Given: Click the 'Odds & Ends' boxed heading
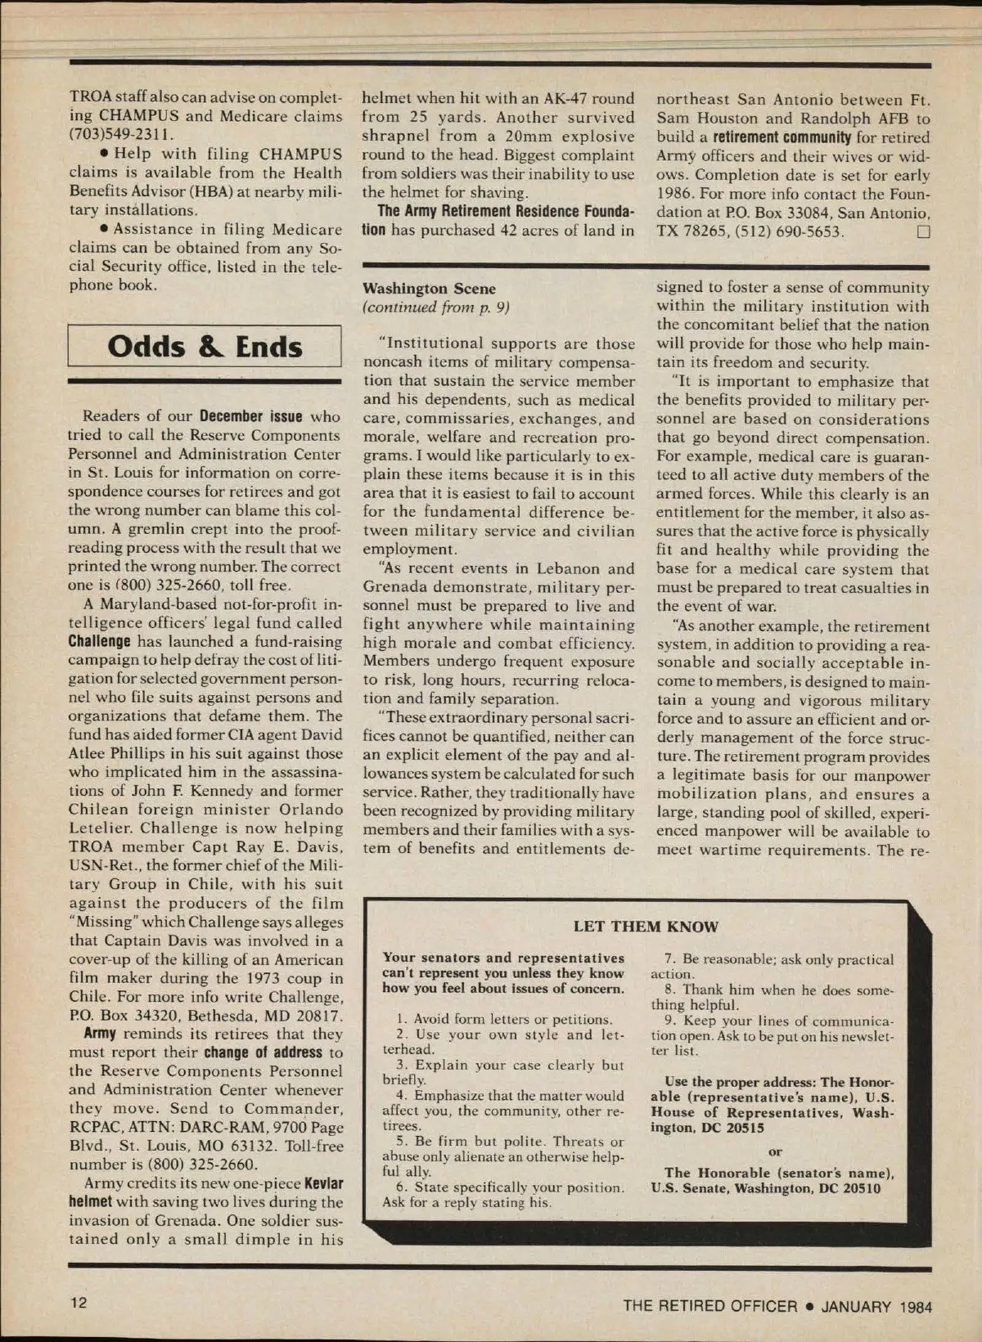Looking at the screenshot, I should (205, 347).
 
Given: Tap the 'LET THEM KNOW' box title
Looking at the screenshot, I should (646, 927).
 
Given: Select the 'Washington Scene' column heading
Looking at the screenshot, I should (429, 289).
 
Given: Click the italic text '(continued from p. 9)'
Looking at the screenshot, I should (435, 307).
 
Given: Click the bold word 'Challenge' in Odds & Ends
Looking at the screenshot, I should (99, 642).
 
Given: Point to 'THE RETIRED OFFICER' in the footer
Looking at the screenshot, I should (709, 1306).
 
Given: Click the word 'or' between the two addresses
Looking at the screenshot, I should (775, 1151).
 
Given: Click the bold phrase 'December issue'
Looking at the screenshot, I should (251, 417).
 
